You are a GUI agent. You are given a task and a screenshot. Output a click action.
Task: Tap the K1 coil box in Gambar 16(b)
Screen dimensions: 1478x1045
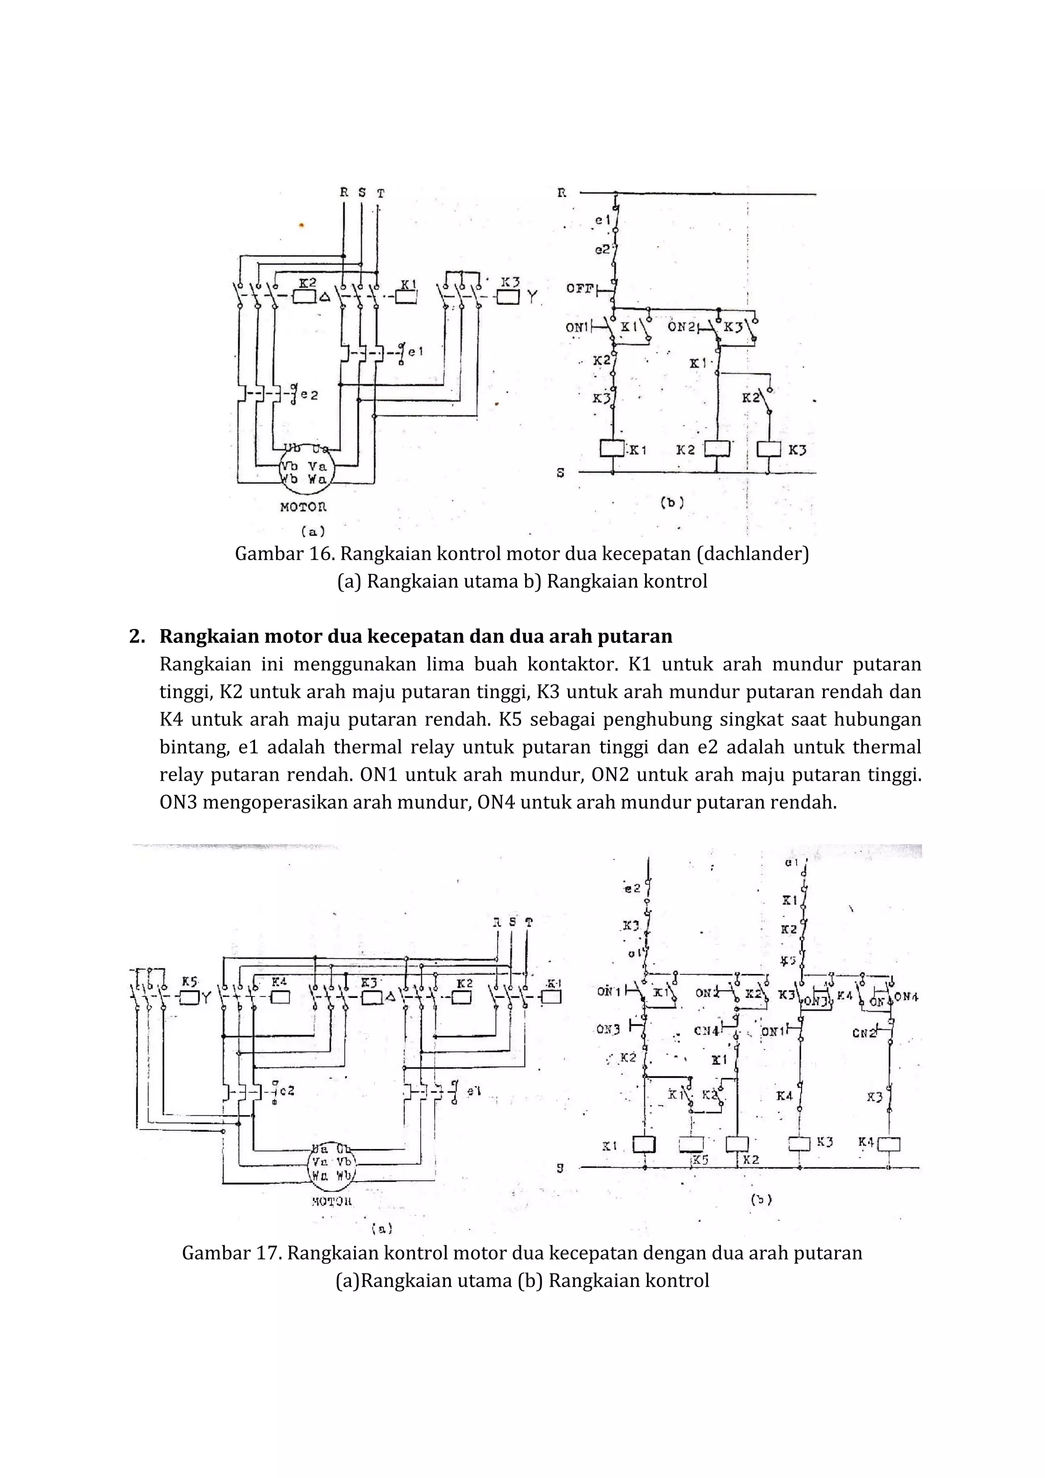tap(612, 448)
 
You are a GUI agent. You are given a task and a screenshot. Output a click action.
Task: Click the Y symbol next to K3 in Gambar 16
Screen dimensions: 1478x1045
tap(532, 297)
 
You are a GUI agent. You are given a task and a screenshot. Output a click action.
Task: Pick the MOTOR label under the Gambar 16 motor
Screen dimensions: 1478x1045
tap(303, 507)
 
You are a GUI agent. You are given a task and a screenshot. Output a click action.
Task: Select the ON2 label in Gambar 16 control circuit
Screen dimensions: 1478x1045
tap(681, 327)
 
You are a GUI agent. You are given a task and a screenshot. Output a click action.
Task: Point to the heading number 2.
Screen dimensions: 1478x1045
tap(136, 636)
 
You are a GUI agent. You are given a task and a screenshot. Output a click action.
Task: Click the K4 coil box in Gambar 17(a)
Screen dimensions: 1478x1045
tap(281, 997)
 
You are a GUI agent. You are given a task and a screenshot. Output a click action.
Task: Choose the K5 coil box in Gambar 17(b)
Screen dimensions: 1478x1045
tap(691, 1144)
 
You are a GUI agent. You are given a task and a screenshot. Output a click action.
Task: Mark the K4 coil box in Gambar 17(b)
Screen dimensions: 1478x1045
tap(888, 1144)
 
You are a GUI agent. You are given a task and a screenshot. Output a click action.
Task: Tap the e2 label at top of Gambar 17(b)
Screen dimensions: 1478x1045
tap(632, 888)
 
